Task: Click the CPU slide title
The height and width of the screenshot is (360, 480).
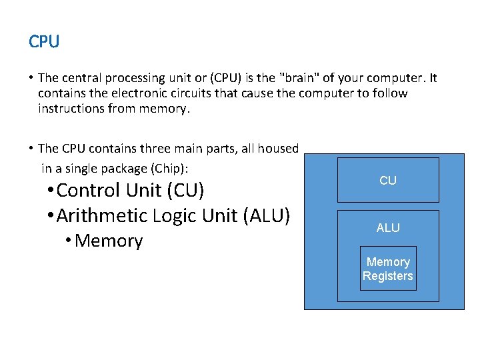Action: pyautogui.click(x=44, y=41)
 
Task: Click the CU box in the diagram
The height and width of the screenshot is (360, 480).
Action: pyautogui.click(x=388, y=180)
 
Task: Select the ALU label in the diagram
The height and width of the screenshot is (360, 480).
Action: pyautogui.click(x=388, y=228)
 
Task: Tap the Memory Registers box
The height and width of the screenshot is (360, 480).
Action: pyautogui.click(x=388, y=269)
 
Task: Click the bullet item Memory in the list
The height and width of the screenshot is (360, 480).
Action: pyautogui.click(x=109, y=241)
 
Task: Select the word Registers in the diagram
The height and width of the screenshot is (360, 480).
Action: pyautogui.click(x=388, y=276)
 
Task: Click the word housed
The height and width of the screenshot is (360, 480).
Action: pyautogui.click(x=278, y=148)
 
